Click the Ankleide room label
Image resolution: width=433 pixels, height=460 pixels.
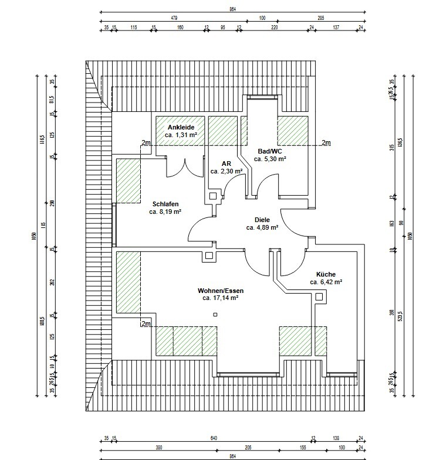[181, 127]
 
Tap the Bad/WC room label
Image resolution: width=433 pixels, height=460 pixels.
[270, 151]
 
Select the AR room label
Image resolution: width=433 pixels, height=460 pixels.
[226, 163]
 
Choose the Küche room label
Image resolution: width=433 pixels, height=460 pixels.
[326, 274]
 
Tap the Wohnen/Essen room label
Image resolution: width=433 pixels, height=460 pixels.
[220, 291]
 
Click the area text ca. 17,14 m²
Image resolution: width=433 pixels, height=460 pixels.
[220, 298]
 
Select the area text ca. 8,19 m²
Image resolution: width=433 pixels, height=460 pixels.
[165, 212]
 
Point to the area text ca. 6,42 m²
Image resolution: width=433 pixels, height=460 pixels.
[326, 281]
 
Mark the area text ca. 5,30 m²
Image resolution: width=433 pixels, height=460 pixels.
[270, 158]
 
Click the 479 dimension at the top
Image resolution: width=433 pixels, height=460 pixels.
[174, 18]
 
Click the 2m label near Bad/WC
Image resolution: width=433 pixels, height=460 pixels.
[326, 142]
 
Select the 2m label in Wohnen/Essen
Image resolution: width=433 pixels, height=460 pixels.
[146, 323]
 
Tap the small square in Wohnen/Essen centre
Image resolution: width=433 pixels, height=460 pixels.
[216, 315]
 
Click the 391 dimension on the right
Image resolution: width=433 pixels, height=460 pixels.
[392, 312]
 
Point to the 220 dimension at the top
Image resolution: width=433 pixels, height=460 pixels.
[274, 27]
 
